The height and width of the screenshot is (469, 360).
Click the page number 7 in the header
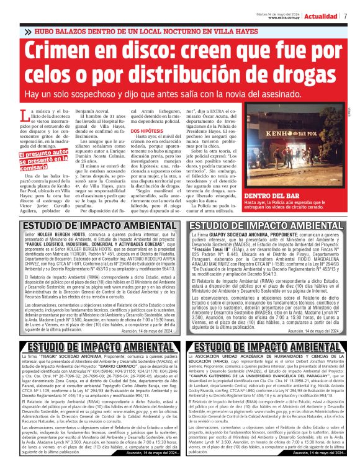pyautogui.click(x=345, y=16)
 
